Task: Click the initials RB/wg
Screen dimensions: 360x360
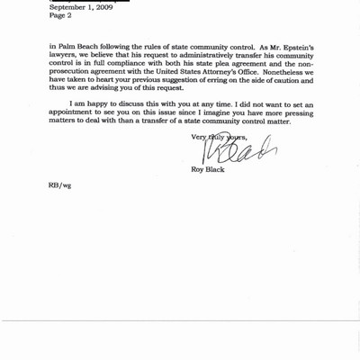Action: (59, 184)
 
